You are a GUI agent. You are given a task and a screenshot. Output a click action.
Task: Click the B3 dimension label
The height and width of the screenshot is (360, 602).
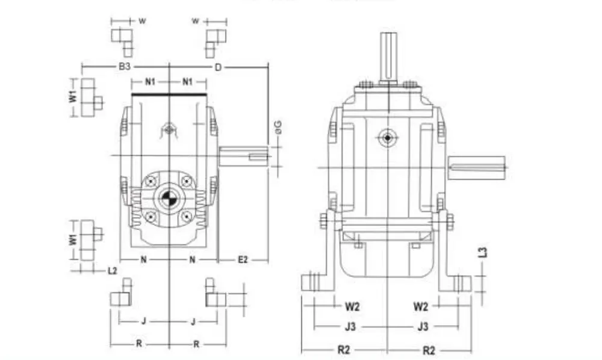point(124,66)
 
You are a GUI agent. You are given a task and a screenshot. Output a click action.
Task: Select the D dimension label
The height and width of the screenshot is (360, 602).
point(218,66)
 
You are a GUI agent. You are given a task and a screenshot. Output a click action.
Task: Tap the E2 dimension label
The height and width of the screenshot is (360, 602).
point(242,260)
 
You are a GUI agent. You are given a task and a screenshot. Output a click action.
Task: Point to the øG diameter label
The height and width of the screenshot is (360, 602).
point(278,127)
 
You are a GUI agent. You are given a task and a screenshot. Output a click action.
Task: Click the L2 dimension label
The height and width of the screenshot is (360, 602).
point(113,271)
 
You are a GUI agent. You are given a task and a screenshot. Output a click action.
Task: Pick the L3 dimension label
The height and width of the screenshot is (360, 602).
point(483,252)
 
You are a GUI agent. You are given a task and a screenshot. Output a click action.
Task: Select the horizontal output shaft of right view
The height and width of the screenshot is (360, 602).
point(476,167)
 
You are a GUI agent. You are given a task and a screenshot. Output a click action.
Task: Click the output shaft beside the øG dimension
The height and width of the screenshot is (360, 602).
point(243,157)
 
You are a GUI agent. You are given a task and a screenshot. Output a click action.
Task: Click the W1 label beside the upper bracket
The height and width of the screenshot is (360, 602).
point(73,96)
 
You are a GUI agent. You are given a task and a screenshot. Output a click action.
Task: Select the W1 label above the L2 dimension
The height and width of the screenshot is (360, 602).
point(73,239)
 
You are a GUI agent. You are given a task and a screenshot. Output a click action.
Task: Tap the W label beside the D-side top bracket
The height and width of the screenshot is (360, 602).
point(195,21)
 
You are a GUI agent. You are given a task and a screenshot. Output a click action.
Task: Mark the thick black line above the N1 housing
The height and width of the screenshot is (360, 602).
point(169,93)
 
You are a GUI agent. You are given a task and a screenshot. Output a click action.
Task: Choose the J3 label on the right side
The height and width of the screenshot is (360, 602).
point(423,327)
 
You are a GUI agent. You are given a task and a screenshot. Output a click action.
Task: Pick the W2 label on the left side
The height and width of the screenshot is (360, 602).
point(352,306)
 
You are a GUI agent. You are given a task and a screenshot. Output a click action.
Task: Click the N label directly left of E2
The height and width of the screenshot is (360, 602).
point(192,260)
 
